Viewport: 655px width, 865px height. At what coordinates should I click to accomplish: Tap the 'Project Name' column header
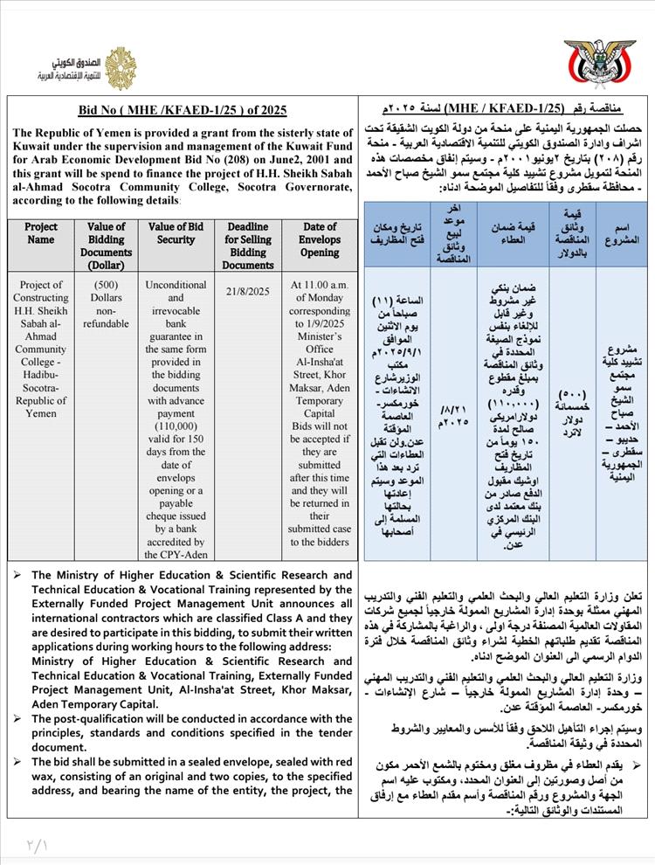point(40,233)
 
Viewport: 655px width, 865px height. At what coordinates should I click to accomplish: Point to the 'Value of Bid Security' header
point(176,233)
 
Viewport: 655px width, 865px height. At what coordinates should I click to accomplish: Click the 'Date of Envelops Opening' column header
point(320,239)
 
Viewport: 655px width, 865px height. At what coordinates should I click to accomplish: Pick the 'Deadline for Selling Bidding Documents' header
point(247,246)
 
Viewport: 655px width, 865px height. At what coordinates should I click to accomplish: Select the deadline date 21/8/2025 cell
point(247,292)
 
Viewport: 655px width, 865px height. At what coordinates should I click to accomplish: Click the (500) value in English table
point(106,285)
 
